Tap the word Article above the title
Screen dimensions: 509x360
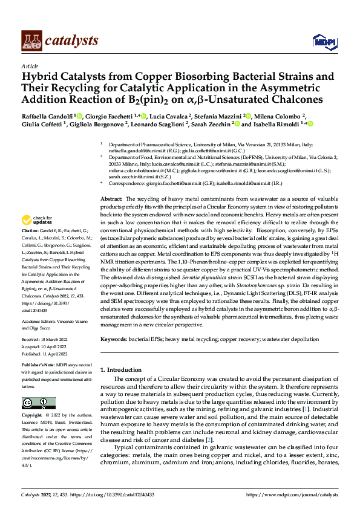coord(29,66)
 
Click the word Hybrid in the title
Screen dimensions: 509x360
coord(41,77)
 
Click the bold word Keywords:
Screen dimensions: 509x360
coord(114,340)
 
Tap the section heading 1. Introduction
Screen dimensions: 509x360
coord(122,369)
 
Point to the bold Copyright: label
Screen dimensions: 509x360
coord(33,415)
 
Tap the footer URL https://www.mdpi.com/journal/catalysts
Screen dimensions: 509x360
coord(292,494)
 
